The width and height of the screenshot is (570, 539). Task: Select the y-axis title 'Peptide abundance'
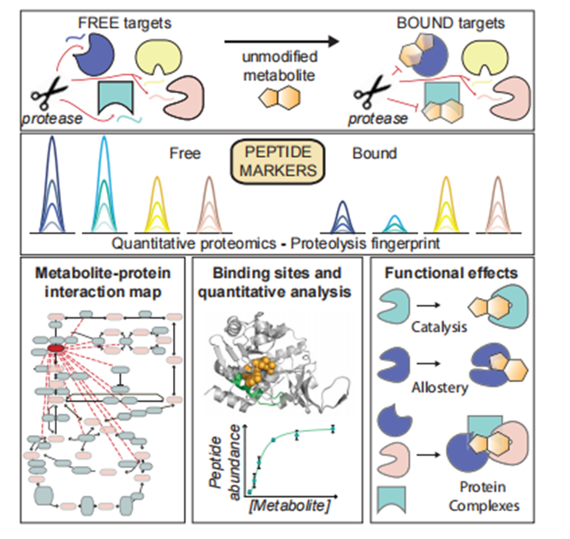click(x=223, y=460)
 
